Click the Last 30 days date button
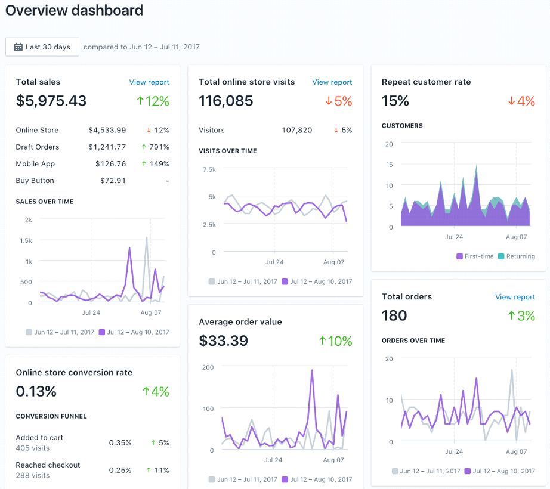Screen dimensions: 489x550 [42, 47]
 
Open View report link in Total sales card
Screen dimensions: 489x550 [149, 82]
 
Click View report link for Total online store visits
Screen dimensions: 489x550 [332, 82]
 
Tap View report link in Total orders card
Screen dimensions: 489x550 [515, 297]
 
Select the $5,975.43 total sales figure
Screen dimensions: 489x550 [51, 101]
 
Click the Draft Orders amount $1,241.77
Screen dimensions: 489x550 [107, 147]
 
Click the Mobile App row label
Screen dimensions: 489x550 [35, 164]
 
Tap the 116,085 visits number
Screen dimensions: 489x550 [226, 101]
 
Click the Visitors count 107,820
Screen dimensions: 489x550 [296, 130]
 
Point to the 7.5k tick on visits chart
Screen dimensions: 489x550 [209, 169]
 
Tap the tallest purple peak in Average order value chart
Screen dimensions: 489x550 [311, 371]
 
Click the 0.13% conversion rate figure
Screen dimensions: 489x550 [36, 391]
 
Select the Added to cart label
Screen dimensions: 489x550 [39, 438]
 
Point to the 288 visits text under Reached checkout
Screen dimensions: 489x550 [33, 475]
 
